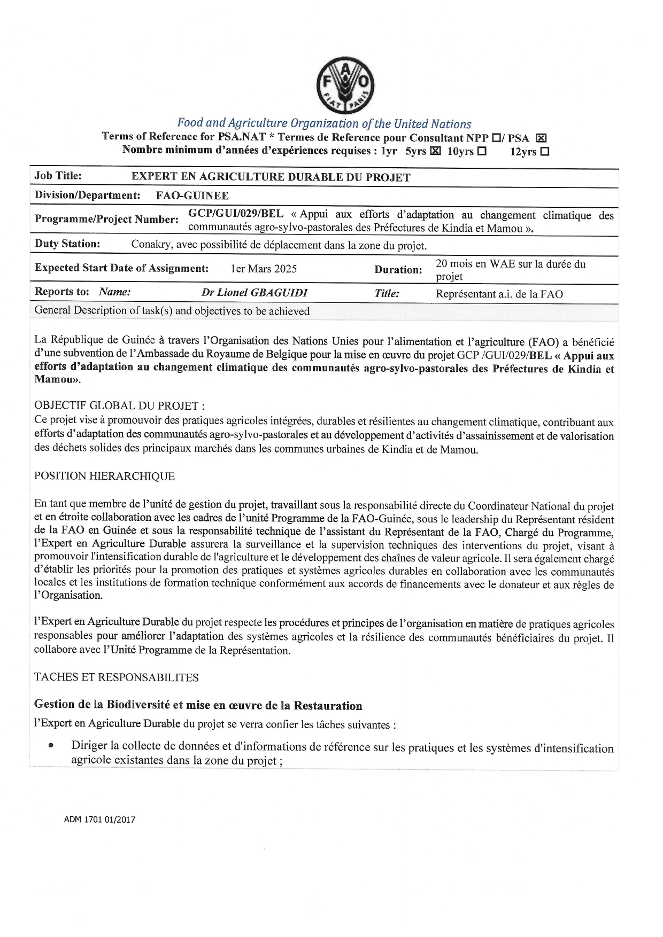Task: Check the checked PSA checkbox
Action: coord(541,138)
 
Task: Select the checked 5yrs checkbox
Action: coord(435,151)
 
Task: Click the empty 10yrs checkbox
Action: coord(482,151)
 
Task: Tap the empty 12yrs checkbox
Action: coord(544,152)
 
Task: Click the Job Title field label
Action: coord(58,176)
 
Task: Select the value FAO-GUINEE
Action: coord(192,196)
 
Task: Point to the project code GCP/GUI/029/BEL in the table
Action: coord(236,214)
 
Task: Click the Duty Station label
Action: coord(67,244)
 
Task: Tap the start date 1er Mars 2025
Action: coord(264,269)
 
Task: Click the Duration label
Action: coord(398,270)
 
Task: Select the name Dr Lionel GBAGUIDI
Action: coord(255,293)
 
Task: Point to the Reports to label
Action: coord(61,292)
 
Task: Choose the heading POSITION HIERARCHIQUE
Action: coord(105,476)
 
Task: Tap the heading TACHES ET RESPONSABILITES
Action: coord(117,677)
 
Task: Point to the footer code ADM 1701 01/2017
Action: coord(99,819)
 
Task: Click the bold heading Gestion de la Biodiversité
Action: coord(198,705)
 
